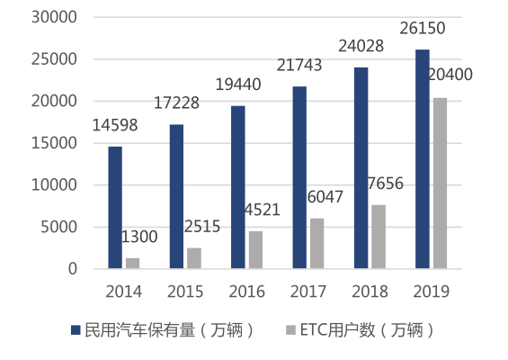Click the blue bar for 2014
point(115,207)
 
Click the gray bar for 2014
point(133,263)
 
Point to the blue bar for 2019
point(422,158)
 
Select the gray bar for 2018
point(379,237)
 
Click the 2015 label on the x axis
point(185,292)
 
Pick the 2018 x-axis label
point(370,292)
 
